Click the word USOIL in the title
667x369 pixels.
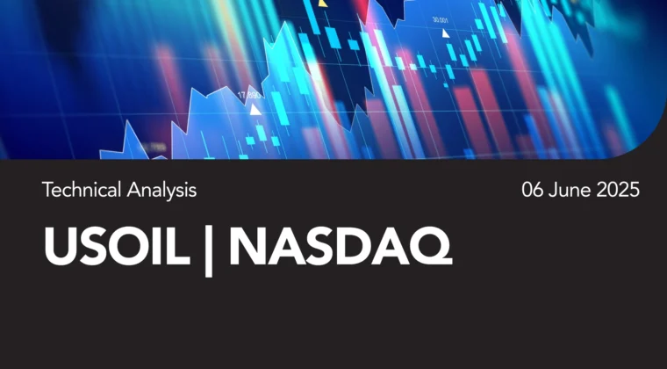point(117,246)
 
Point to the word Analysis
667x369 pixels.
point(161,191)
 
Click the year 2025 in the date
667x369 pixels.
point(618,190)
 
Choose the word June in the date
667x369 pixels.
point(570,190)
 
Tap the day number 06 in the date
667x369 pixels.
point(533,190)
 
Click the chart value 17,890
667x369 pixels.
point(249,96)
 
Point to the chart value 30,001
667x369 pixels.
point(441,19)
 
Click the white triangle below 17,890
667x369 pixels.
point(255,110)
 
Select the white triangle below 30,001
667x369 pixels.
point(445,33)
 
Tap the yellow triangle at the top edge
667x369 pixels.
point(323,4)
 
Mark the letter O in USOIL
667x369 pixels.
point(127,247)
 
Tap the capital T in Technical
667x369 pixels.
point(47,190)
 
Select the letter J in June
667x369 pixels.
point(552,190)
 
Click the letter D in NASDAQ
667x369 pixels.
point(355,247)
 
